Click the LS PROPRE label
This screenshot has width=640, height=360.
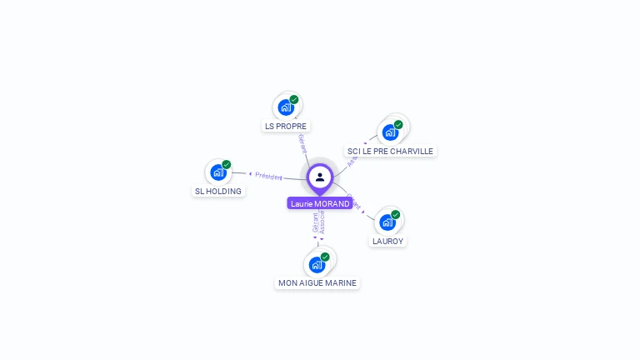(286, 127)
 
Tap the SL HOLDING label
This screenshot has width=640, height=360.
(218, 192)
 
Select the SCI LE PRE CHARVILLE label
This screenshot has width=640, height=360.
(390, 152)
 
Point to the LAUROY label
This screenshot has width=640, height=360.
(387, 242)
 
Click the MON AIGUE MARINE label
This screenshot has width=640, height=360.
(317, 283)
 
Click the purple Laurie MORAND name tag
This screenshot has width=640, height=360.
(320, 203)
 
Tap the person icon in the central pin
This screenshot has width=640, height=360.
(320, 177)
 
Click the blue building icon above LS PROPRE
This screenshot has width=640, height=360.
(286, 107)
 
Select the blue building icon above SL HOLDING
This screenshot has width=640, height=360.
(218, 172)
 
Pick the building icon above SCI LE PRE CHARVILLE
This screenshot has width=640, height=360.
(389, 132)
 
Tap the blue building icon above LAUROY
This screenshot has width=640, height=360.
(387, 222)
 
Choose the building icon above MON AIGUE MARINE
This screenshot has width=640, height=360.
(317, 265)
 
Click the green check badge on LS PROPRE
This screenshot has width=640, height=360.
(294, 99)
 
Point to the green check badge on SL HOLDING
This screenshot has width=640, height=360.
(227, 164)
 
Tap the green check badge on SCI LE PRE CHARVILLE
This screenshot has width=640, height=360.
(398, 124)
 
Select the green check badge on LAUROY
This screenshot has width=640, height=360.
(396, 214)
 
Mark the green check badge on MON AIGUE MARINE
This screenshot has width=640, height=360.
(325, 257)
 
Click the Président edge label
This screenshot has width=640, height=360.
(269, 176)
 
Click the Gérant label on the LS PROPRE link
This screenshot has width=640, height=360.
(302, 142)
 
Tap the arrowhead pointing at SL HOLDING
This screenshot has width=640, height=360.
(250, 173)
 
